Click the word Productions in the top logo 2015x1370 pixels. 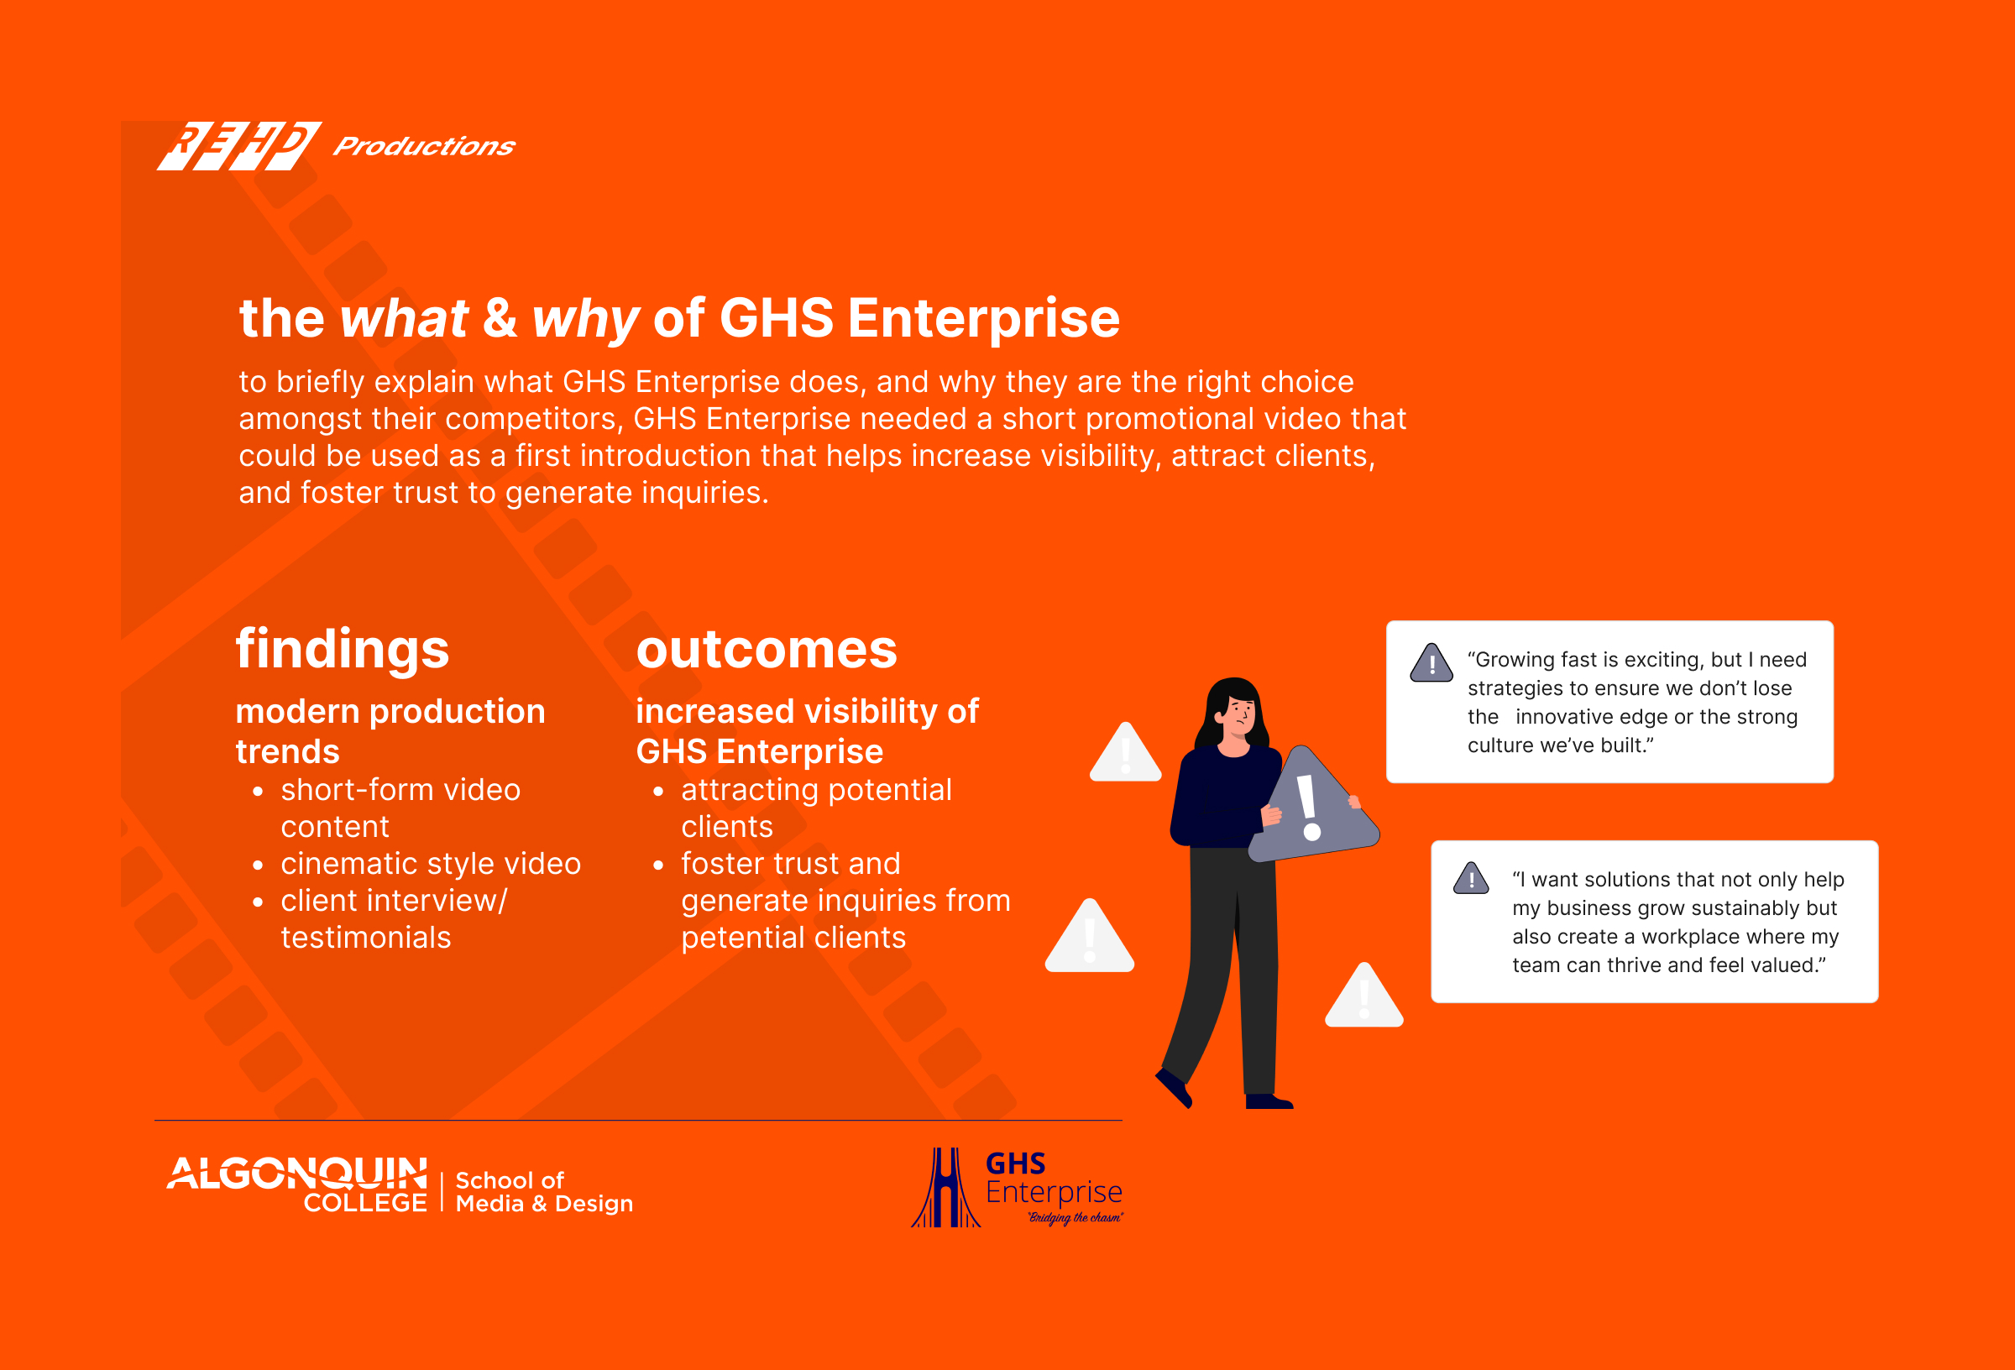point(424,146)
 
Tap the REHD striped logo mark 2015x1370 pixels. point(239,146)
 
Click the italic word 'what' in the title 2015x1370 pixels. point(404,317)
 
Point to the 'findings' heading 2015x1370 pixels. point(343,650)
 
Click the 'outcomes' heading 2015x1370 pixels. point(767,650)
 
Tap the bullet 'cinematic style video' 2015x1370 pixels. point(431,864)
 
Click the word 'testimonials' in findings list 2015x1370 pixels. point(366,938)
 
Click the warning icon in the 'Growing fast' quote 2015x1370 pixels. point(1431,663)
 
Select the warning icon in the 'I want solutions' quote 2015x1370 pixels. point(1471,878)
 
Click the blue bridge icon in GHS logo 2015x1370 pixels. point(946,1188)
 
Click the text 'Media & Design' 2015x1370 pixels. point(545,1204)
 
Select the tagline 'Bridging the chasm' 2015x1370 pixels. point(1076,1218)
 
